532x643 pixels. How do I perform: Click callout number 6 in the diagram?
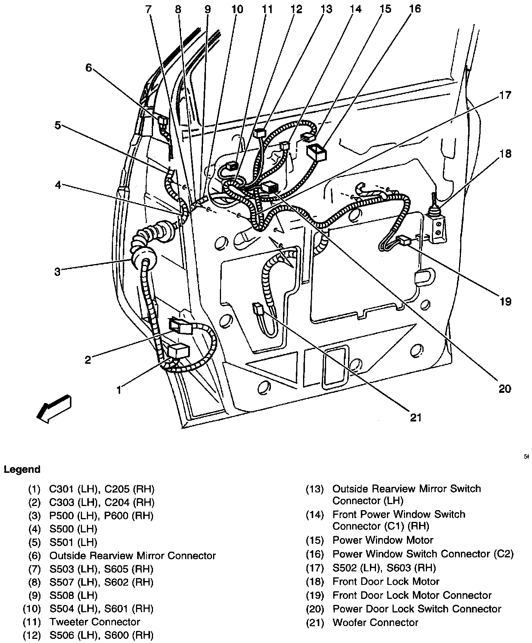tap(88, 68)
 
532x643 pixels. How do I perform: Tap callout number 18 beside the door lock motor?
tap(505, 154)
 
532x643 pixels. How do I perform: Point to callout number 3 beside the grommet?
tap(57, 272)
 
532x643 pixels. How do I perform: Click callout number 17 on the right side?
tap(505, 95)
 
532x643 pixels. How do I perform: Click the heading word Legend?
tap(22, 469)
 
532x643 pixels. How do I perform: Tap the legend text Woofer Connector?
tap(375, 622)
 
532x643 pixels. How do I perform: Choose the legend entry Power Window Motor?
tap(382, 540)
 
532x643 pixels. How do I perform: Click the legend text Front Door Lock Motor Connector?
tap(412, 595)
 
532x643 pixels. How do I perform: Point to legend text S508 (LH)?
tap(73, 595)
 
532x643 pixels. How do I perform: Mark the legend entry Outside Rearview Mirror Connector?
tap(132, 555)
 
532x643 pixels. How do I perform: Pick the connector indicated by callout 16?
tap(317, 152)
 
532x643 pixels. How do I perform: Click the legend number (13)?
tap(315, 489)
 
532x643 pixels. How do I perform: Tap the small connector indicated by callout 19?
tap(404, 240)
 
